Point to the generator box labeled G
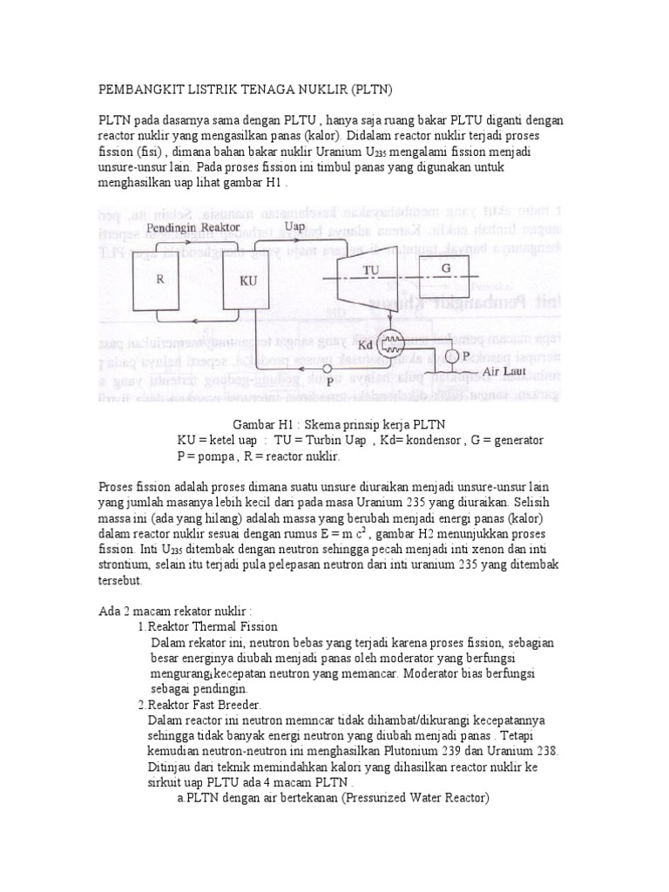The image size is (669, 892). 446,269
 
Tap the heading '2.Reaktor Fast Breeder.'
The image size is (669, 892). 199,705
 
